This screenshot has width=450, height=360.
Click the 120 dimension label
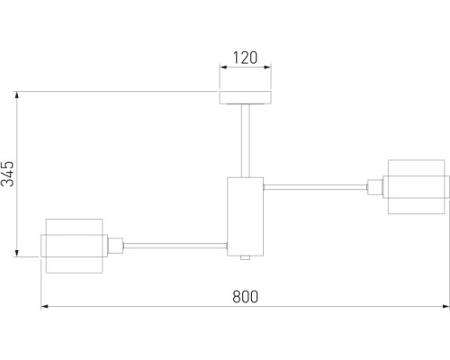[245, 58]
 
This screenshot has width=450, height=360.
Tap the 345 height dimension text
[8, 174]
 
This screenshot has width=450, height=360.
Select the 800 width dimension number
[245, 297]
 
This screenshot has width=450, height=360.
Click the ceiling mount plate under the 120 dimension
[246, 97]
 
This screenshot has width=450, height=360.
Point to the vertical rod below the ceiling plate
[246, 140]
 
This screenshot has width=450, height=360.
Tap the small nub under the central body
[246, 257]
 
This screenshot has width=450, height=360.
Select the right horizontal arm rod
[315, 187]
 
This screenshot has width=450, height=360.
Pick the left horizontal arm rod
[175, 246]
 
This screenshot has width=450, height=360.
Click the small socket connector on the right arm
[375, 187]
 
